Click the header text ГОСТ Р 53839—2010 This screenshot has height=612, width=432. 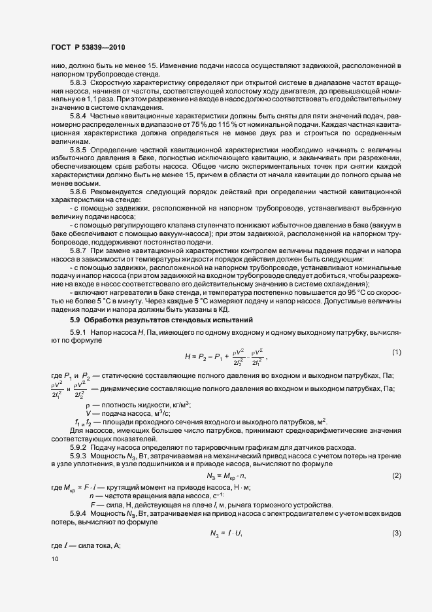[88, 48]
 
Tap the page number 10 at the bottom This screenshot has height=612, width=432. [54, 558]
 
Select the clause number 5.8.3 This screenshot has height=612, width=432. [78, 86]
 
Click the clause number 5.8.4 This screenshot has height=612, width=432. [78, 115]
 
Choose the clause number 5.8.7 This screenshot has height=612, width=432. [78, 250]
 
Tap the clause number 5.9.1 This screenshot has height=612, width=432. [78, 334]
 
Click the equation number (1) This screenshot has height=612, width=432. [396, 353]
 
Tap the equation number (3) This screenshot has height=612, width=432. [396, 534]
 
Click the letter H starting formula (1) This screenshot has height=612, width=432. [188, 356]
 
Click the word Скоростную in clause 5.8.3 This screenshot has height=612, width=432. [112, 86]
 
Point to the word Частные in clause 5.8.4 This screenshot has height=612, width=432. [106, 115]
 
